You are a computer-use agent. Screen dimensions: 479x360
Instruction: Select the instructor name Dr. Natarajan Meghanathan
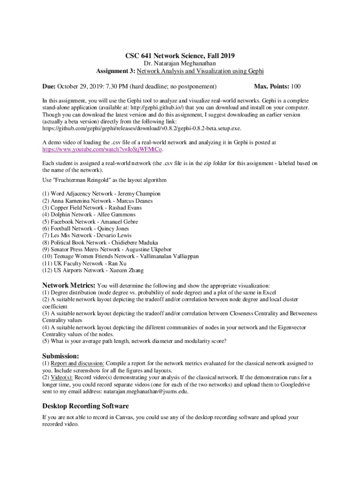[180, 64]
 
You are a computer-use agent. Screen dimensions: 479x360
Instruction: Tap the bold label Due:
[49, 87]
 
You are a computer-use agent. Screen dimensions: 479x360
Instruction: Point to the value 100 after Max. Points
[295, 87]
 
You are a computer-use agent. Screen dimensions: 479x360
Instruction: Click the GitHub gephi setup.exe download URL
[142, 128]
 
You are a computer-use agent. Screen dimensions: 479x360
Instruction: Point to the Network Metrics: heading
[69, 285]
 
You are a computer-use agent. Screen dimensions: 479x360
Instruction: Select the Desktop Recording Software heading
[86, 406]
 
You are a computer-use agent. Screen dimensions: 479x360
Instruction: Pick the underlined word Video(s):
[62, 377]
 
